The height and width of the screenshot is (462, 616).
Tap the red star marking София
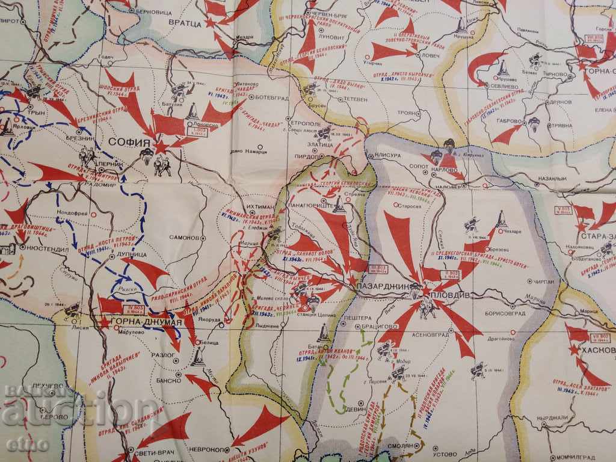[x=160, y=146]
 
